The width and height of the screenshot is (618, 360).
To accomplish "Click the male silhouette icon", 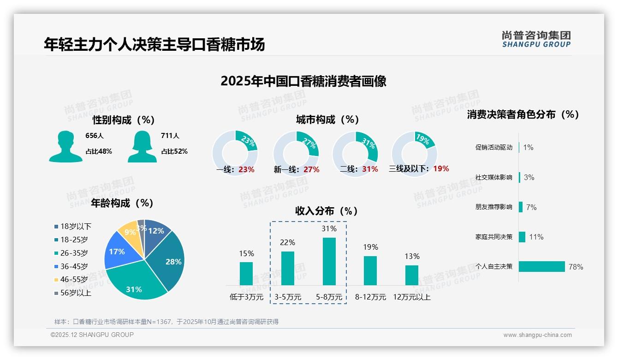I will tap(65, 147).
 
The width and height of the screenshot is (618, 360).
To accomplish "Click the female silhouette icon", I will tap(142, 147).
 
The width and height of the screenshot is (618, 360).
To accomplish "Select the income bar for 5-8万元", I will tap(329, 261).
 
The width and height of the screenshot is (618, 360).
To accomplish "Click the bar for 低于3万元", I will tap(246, 273).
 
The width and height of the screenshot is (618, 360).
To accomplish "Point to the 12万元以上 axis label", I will tap(412, 297).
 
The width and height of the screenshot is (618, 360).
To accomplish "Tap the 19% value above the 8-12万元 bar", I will tap(370, 247).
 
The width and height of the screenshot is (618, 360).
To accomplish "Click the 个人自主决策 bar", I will tap(542, 266).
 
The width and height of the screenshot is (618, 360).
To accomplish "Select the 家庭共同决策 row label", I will tap(494, 237).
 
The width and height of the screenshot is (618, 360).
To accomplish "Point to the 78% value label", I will tap(576, 267).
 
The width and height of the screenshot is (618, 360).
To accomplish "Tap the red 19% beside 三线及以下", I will tap(441, 168).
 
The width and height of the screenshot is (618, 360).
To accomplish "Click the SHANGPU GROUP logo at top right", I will tap(536, 39).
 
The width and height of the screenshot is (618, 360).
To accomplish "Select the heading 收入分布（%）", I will tap(327, 211).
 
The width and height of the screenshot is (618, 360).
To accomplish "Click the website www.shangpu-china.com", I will tap(537, 335).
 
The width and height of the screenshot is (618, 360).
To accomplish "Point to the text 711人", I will tap(170, 136).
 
